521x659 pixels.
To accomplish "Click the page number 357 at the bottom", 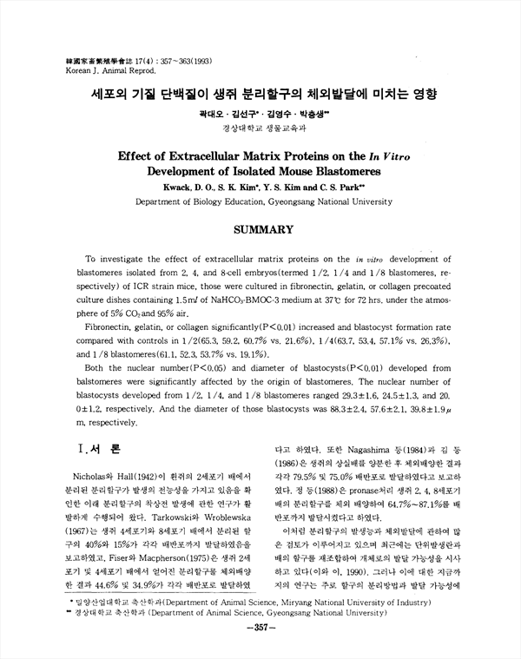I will (x=262, y=650).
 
